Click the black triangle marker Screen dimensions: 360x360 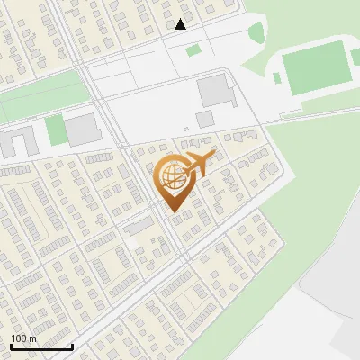[181, 24]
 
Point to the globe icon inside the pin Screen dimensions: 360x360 [168, 175]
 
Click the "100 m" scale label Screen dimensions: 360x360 [24, 338]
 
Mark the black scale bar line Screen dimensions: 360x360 [41, 346]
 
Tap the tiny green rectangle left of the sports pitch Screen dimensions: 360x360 [277, 78]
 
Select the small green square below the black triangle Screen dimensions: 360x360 [193, 50]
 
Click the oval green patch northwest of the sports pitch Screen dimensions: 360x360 [256, 34]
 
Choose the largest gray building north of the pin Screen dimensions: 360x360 [214, 91]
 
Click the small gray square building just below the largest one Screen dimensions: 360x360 [205, 119]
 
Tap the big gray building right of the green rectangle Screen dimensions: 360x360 [84, 130]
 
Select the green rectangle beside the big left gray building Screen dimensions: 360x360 [56, 130]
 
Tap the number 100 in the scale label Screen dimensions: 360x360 [18, 338]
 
